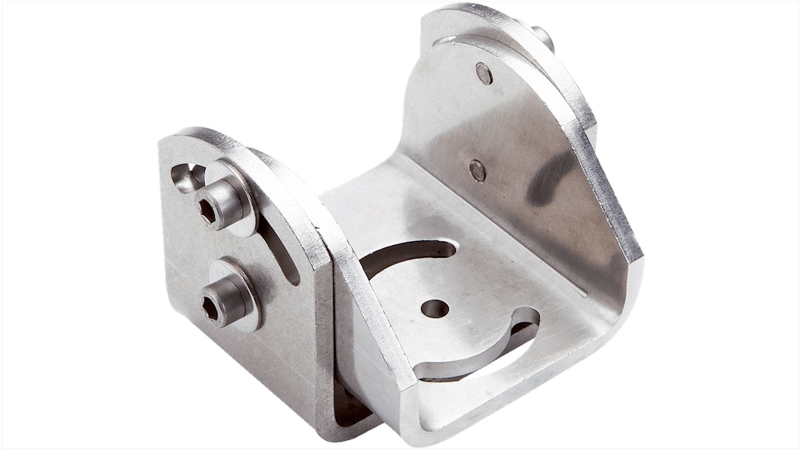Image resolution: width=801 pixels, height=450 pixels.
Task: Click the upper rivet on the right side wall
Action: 483,73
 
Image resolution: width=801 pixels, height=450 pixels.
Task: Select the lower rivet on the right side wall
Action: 477,170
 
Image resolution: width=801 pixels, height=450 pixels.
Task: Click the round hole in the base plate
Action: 434,309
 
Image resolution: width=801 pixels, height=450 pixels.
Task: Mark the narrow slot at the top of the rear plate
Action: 446,41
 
